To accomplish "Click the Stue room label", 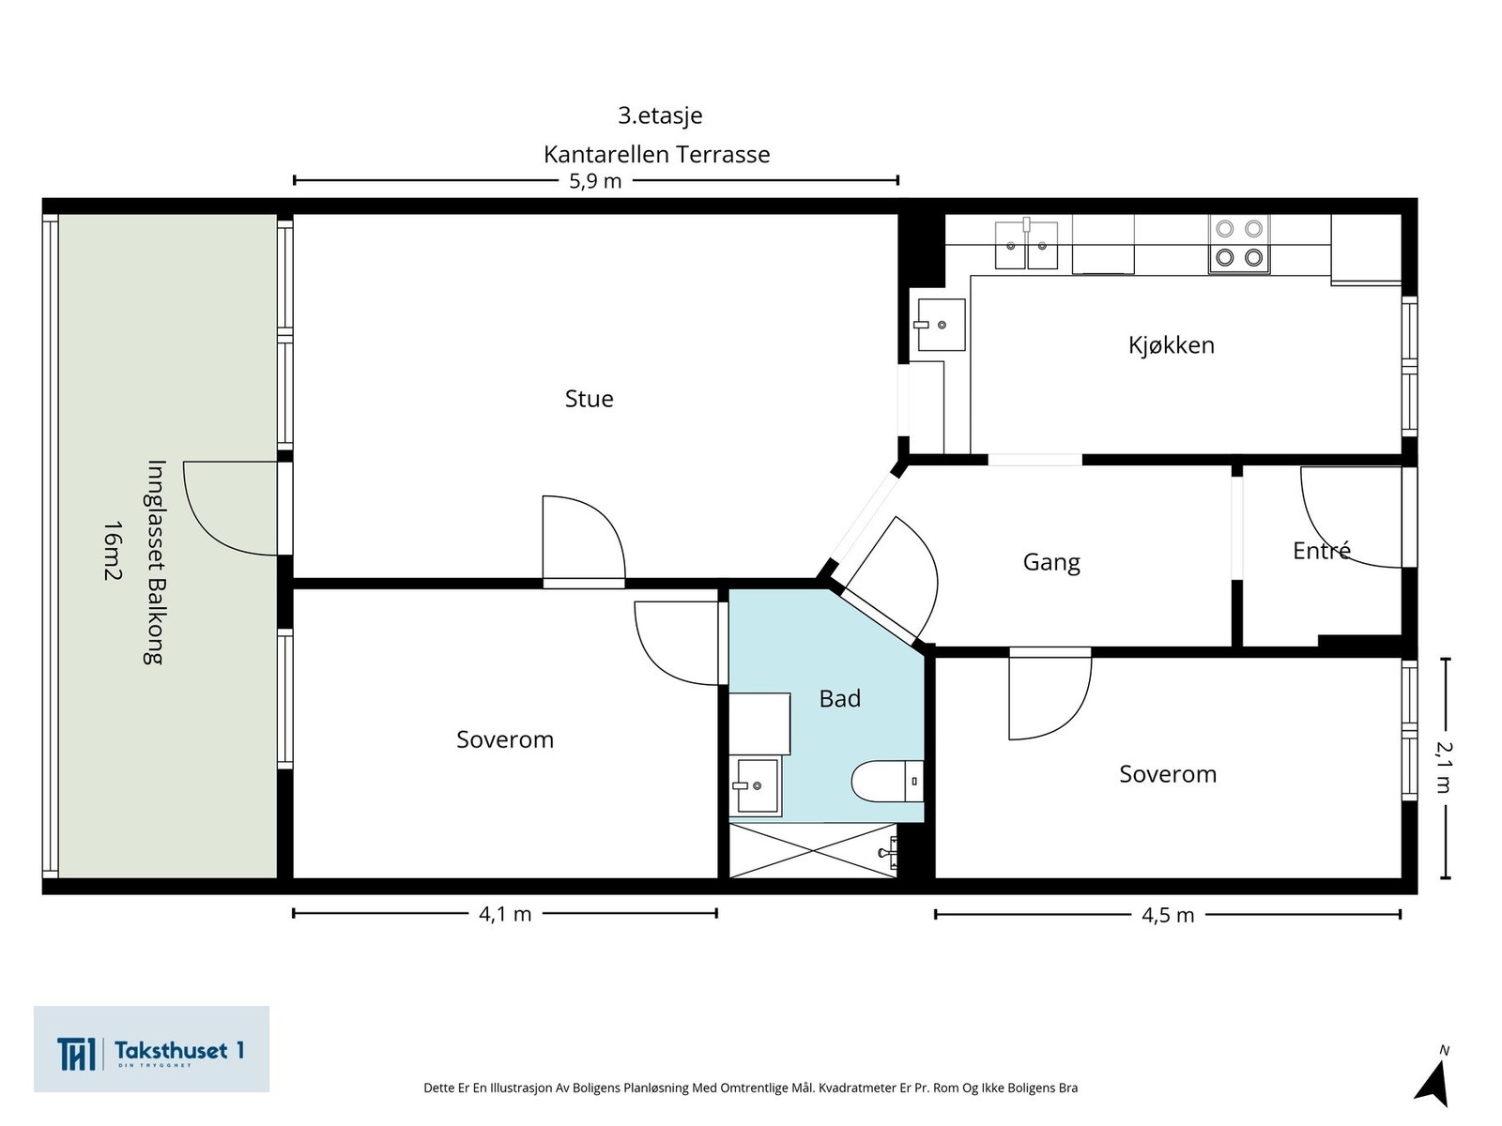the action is [x=589, y=399].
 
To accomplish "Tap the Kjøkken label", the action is [x=1171, y=344].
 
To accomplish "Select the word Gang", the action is [x=1051, y=562].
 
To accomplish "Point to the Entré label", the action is [x=1322, y=551].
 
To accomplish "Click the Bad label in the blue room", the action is [x=839, y=698].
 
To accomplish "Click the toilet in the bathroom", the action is [x=887, y=780].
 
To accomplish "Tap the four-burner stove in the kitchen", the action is [x=1238, y=243].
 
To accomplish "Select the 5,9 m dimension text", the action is [x=595, y=181].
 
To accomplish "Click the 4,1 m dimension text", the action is [x=505, y=914].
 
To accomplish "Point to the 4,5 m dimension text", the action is [x=1168, y=915].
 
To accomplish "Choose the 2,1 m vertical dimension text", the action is [x=1444, y=767].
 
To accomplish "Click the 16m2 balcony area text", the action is [x=113, y=551].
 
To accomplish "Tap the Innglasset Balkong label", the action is [x=155, y=562].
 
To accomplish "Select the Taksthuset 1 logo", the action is [x=151, y=1049].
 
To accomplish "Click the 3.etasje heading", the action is [x=660, y=115].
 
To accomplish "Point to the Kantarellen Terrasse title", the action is [x=657, y=155].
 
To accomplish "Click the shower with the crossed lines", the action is [x=812, y=850].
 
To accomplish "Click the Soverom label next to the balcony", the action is [x=505, y=739].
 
